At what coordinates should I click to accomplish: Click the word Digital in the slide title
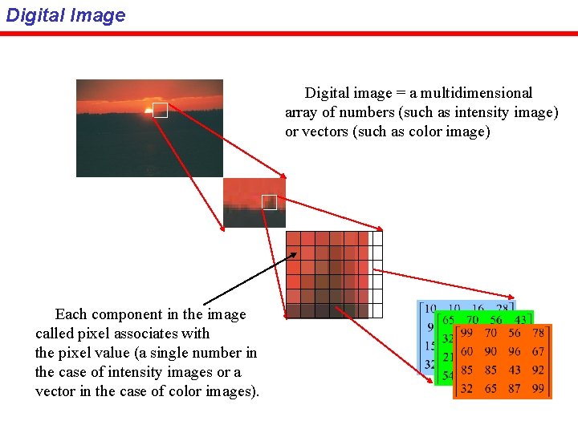(x=33, y=15)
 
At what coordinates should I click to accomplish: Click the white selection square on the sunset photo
(x=161, y=111)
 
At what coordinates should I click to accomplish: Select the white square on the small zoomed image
(x=269, y=202)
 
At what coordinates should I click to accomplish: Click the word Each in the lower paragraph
(x=70, y=314)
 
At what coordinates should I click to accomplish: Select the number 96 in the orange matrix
(x=515, y=351)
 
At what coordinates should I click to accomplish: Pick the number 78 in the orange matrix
(x=539, y=332)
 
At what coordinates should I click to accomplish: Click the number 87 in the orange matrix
(x=515, y=389)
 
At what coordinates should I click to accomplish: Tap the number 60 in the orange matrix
(x=466, y=351)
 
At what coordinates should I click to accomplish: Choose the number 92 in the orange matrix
(x=538, y=370)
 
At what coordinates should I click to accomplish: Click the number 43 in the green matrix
(x=520, y=320)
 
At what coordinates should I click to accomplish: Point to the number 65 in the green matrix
(x=448, y=320)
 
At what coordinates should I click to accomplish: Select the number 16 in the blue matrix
(x=478, y=309)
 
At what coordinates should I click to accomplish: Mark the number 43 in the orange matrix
(x=515, y=370)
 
